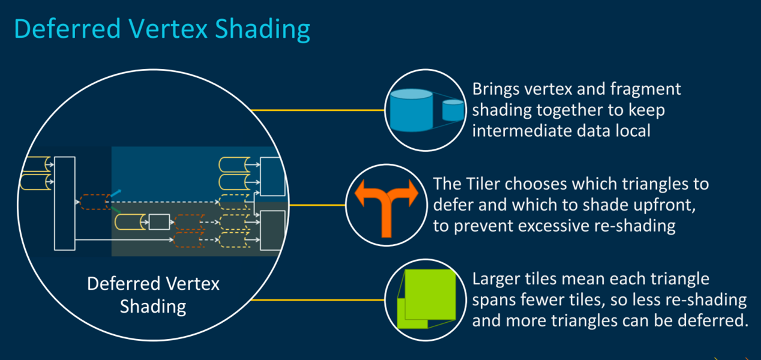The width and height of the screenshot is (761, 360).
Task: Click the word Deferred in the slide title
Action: pyautogui.click(x=67, y=29)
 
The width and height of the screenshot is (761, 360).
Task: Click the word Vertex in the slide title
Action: pyautogui.click(x=168, y=29)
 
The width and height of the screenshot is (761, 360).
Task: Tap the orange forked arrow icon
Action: pyautogui.click(x=387, y=207)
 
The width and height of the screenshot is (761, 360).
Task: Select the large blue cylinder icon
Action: pyautogui.click(x=412, y=110)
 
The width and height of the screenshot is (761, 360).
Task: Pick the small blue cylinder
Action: pyautogui.click(x=453, y=110)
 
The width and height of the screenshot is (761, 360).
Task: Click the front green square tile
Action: pyautogui.click(x=430, y=294)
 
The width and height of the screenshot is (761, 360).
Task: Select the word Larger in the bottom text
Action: pyautogui.click(x=496, y=280)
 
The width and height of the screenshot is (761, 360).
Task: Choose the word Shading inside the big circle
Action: pyautogui.click(x=153, y=307)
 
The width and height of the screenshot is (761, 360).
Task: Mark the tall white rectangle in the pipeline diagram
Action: pyautogui.click(x=65, y=203)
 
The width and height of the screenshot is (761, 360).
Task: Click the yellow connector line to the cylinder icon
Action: pyautogui.click(x=317, y=110)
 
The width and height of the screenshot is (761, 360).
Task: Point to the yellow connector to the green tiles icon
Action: pyautogui.click(x=317, y=300)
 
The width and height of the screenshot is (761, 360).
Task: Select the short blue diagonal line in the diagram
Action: pyautogui.click(x=116, y=193)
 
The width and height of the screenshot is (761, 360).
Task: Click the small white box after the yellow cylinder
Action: pyautogui.click(x=159, y=222)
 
